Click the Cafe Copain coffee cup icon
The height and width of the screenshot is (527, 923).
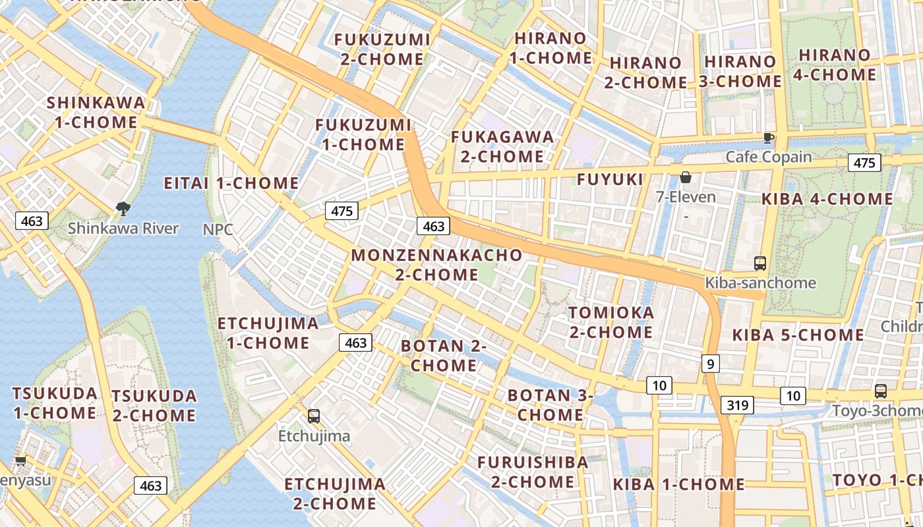coord(768,138)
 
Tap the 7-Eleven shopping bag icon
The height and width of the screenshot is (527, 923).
coord(686,177)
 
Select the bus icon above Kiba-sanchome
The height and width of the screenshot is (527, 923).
coord(760,263)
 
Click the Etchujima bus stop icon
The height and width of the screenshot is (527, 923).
coord(314,416)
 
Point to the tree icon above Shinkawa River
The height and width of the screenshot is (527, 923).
coord(123,209)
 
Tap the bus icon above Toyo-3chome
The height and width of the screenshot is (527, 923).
coord(881,391)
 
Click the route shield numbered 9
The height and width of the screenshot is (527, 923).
coord(710,363)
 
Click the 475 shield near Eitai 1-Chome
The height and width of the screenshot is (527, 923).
coord(342,211)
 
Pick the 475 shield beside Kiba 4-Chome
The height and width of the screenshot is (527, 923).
coord(864,163)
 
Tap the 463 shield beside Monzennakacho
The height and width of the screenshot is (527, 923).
coord(433,226)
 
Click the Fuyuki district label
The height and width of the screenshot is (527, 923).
coord(610,179)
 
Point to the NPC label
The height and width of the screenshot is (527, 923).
coord(218,229)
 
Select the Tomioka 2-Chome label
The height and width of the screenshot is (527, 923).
coord(611,322)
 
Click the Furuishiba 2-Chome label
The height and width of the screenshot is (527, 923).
coord(533,472)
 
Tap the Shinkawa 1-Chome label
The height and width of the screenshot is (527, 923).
coord(96,113)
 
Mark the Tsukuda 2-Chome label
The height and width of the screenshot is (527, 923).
coord(154,406)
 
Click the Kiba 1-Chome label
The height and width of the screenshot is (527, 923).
coord(678,485)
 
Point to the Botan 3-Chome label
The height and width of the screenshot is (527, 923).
coord(550,405)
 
